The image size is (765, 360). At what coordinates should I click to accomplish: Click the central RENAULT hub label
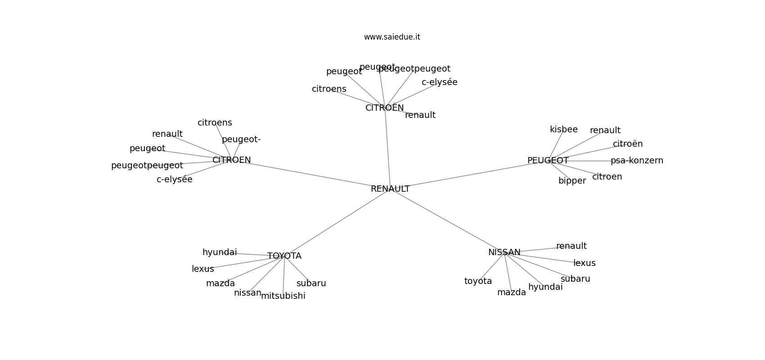390,189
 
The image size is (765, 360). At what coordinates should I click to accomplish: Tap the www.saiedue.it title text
392,37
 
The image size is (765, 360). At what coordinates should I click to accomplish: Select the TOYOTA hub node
284,256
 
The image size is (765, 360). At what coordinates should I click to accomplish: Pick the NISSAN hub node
504,252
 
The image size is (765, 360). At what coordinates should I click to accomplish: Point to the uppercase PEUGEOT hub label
548,161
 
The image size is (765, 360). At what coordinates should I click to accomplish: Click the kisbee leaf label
563,130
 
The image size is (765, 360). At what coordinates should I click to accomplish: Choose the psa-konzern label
637,161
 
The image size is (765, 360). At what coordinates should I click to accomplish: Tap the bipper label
572,181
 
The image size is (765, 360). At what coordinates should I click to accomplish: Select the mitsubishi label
283,296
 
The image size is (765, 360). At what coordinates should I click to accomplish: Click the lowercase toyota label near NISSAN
478,281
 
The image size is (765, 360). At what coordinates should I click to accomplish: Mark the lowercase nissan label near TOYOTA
247,293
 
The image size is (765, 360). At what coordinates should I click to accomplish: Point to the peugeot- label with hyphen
241,139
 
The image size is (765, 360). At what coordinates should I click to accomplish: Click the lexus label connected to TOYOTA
203,269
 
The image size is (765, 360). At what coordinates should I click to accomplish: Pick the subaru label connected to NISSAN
575,279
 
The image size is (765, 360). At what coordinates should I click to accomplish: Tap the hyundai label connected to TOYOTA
220,252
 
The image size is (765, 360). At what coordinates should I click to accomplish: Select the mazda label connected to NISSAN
511,292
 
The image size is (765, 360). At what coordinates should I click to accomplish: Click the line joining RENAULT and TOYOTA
337,222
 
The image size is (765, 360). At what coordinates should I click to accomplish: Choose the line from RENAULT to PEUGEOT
468,175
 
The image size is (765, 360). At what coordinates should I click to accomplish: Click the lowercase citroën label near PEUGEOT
627,144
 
